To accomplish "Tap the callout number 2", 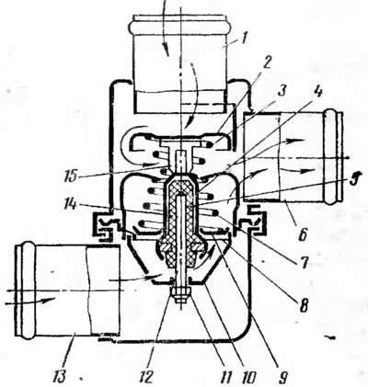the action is pos(267,63).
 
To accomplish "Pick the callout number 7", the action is pos(305,263).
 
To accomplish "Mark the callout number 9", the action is pos(282,376).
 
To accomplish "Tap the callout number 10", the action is pos(247,376).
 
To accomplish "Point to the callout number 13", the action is pos(59,376).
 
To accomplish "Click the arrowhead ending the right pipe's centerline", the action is pos(347,157).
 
